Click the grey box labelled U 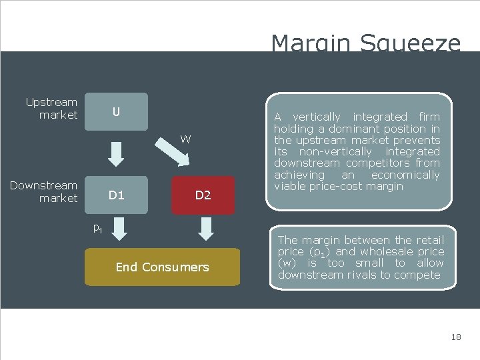pyautogui.click(x=116, y=111)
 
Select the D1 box pyautogui.click(x=117, y=195)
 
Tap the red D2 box pyautogui.click(x=203, y=195)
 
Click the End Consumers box pyautogui.click(x=162, y=267)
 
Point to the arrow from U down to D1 pyautogui.click(x=117, y=153)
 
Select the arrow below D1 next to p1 pyautogui.click(x=121, y=229)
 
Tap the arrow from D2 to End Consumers pyautogui.click(x=206, y=229)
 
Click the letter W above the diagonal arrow pyautogui.click(x=185, y=139)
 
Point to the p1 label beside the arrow pyautogui.click(x=97, y=229)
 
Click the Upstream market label pyautogui.click(x=51, y=109)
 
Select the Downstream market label pyautogui.click(x=44, y=192)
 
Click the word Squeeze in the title pyautogui.click(x=410, y=44)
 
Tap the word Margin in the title pyautogui.click(x=311, y=44)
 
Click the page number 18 pyautogui.click(x=456, y=337)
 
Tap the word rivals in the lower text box pyautogui.click(x=358, y=275)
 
